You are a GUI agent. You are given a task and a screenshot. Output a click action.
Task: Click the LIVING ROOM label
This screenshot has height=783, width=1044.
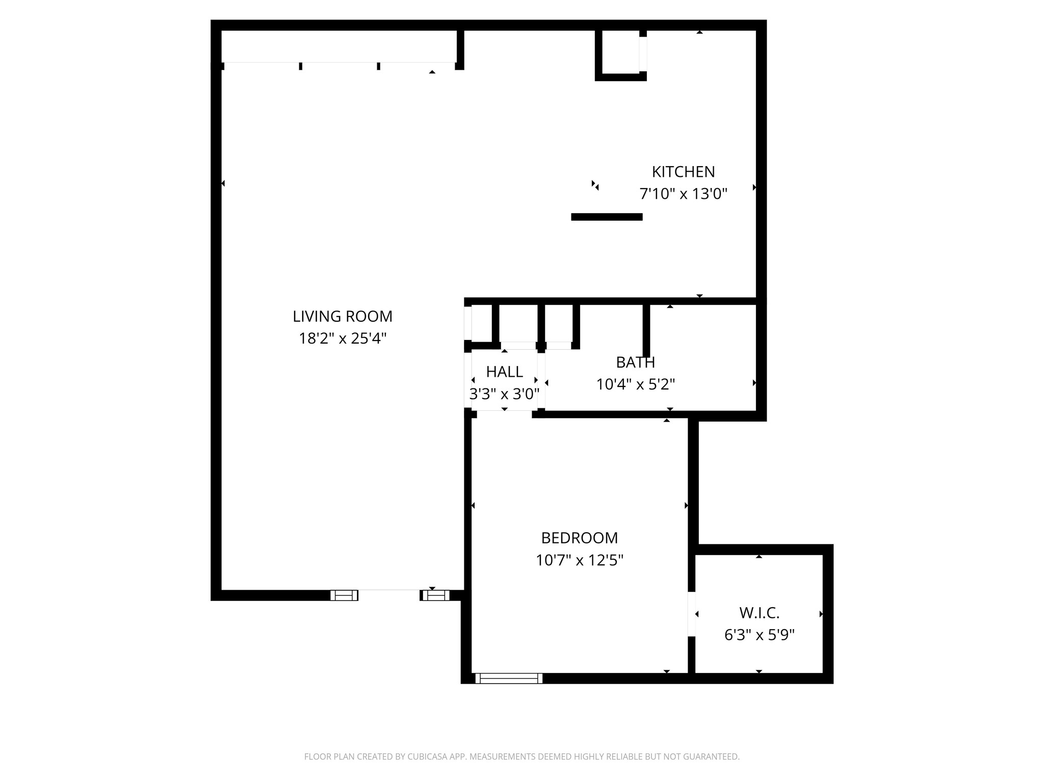coord(343,317)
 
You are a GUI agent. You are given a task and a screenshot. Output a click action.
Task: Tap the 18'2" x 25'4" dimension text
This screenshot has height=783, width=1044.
coord(343,338)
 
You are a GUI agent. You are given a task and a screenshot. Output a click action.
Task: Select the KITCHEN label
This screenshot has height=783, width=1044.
coord(683,172)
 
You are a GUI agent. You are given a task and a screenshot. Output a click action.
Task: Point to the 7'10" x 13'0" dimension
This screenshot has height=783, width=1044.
coord(683,194)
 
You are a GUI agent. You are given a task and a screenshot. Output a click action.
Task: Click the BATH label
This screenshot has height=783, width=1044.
coord(635,362)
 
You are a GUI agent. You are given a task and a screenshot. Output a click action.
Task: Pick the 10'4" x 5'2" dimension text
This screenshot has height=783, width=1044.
coord(635,384)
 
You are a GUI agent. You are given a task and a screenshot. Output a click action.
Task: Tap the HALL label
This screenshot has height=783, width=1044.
coord(504,372)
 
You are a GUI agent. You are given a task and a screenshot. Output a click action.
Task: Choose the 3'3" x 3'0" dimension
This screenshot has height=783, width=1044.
coord(504,394)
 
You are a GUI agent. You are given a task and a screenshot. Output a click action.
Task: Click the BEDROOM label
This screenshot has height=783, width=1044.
coord(579,538)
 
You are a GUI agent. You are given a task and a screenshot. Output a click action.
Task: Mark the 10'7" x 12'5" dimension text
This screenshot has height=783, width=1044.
coord(579,561)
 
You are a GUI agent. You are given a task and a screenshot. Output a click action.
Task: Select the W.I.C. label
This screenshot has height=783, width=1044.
coord(759,613)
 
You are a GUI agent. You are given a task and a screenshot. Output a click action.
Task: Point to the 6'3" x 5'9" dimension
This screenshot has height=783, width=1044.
coord(759,635)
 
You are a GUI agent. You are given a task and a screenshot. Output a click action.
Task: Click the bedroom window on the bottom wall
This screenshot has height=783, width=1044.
coord(508,678)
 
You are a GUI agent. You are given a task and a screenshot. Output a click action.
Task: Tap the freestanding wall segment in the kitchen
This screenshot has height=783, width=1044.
coord(607,217)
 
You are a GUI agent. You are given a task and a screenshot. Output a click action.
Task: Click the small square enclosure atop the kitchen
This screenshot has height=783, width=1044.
coord(621,54)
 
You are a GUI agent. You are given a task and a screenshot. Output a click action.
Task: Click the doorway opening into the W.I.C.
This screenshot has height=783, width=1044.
coord(692,614)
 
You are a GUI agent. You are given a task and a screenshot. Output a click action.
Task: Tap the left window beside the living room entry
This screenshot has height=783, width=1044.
coord(344,595)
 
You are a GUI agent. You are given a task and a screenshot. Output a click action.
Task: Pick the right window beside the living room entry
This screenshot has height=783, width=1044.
coord(435,595)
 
